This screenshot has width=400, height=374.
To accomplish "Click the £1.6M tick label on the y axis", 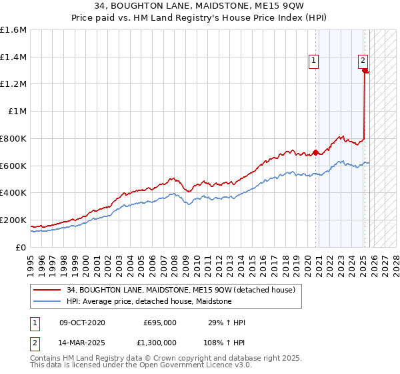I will (x=14, y=30).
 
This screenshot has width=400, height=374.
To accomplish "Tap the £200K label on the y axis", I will (x=13, y=220).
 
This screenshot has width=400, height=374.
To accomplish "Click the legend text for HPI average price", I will (x=149, y=301).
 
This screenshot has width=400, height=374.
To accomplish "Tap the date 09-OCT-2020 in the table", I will (x=82, y=323).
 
